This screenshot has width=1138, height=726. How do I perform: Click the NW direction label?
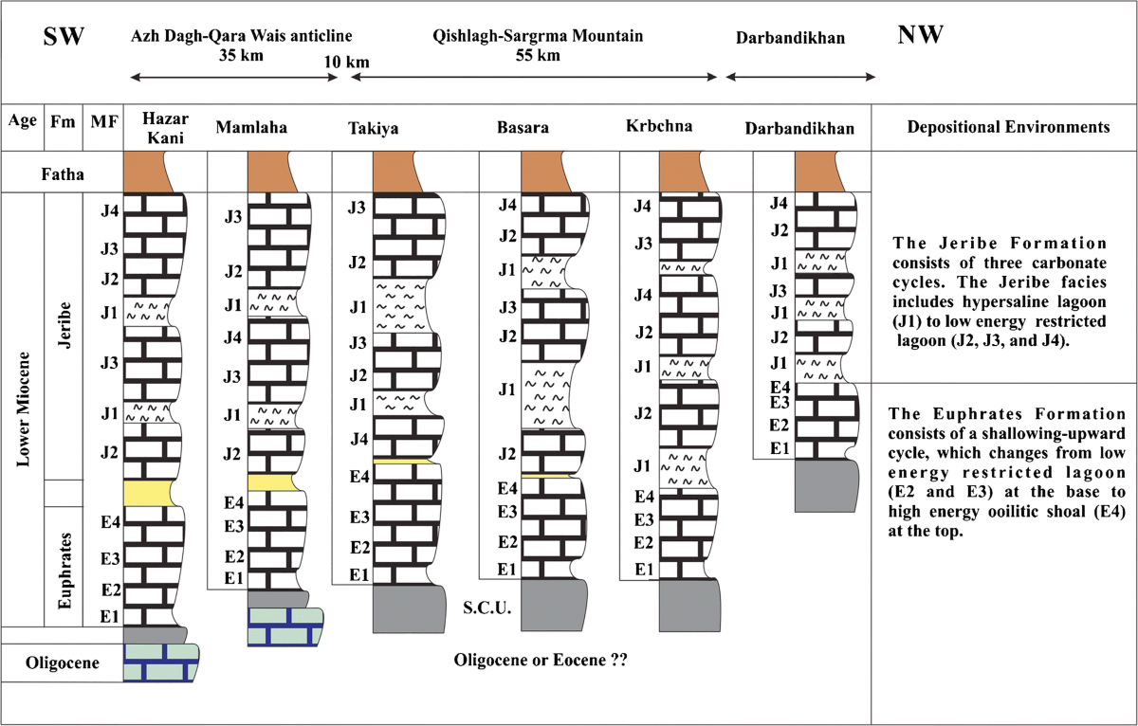(919, 36)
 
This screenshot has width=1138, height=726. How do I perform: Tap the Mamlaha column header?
(252, 127)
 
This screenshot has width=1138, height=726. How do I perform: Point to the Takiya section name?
(373, 127)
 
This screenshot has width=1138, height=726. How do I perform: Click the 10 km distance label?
(345, 63)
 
